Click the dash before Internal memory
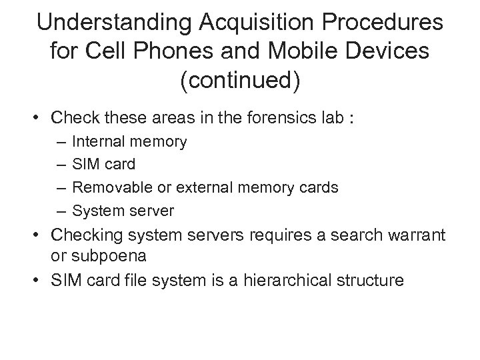(61, 141)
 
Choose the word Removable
(107, 188)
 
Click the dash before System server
(61, 211)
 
